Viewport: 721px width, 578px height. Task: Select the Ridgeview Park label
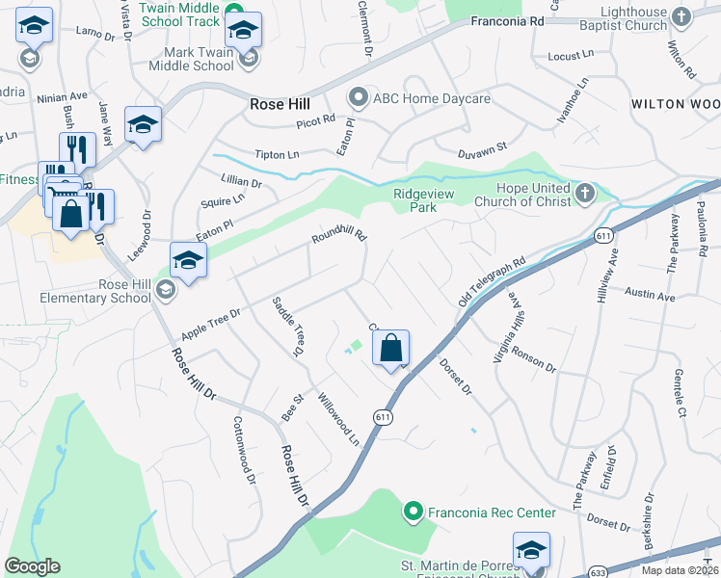tap(422, 199)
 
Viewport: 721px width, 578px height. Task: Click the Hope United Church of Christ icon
tap(584, 195)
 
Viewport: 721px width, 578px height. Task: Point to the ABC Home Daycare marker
tap(359, 96)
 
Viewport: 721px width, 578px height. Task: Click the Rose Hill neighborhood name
tap(280, 104)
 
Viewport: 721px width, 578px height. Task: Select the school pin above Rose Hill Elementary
tap(188, 260)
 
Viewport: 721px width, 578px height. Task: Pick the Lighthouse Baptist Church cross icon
tap(681, 18)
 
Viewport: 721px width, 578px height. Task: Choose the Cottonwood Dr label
tap(243, 450)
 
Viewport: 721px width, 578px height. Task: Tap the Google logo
tap(33, 565)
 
